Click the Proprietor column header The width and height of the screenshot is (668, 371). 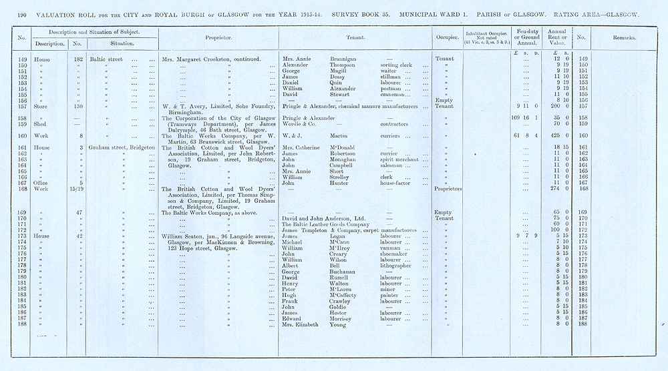point(218,38)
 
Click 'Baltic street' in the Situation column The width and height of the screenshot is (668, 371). point(107,59)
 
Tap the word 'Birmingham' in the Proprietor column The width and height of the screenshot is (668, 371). point(185,112)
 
